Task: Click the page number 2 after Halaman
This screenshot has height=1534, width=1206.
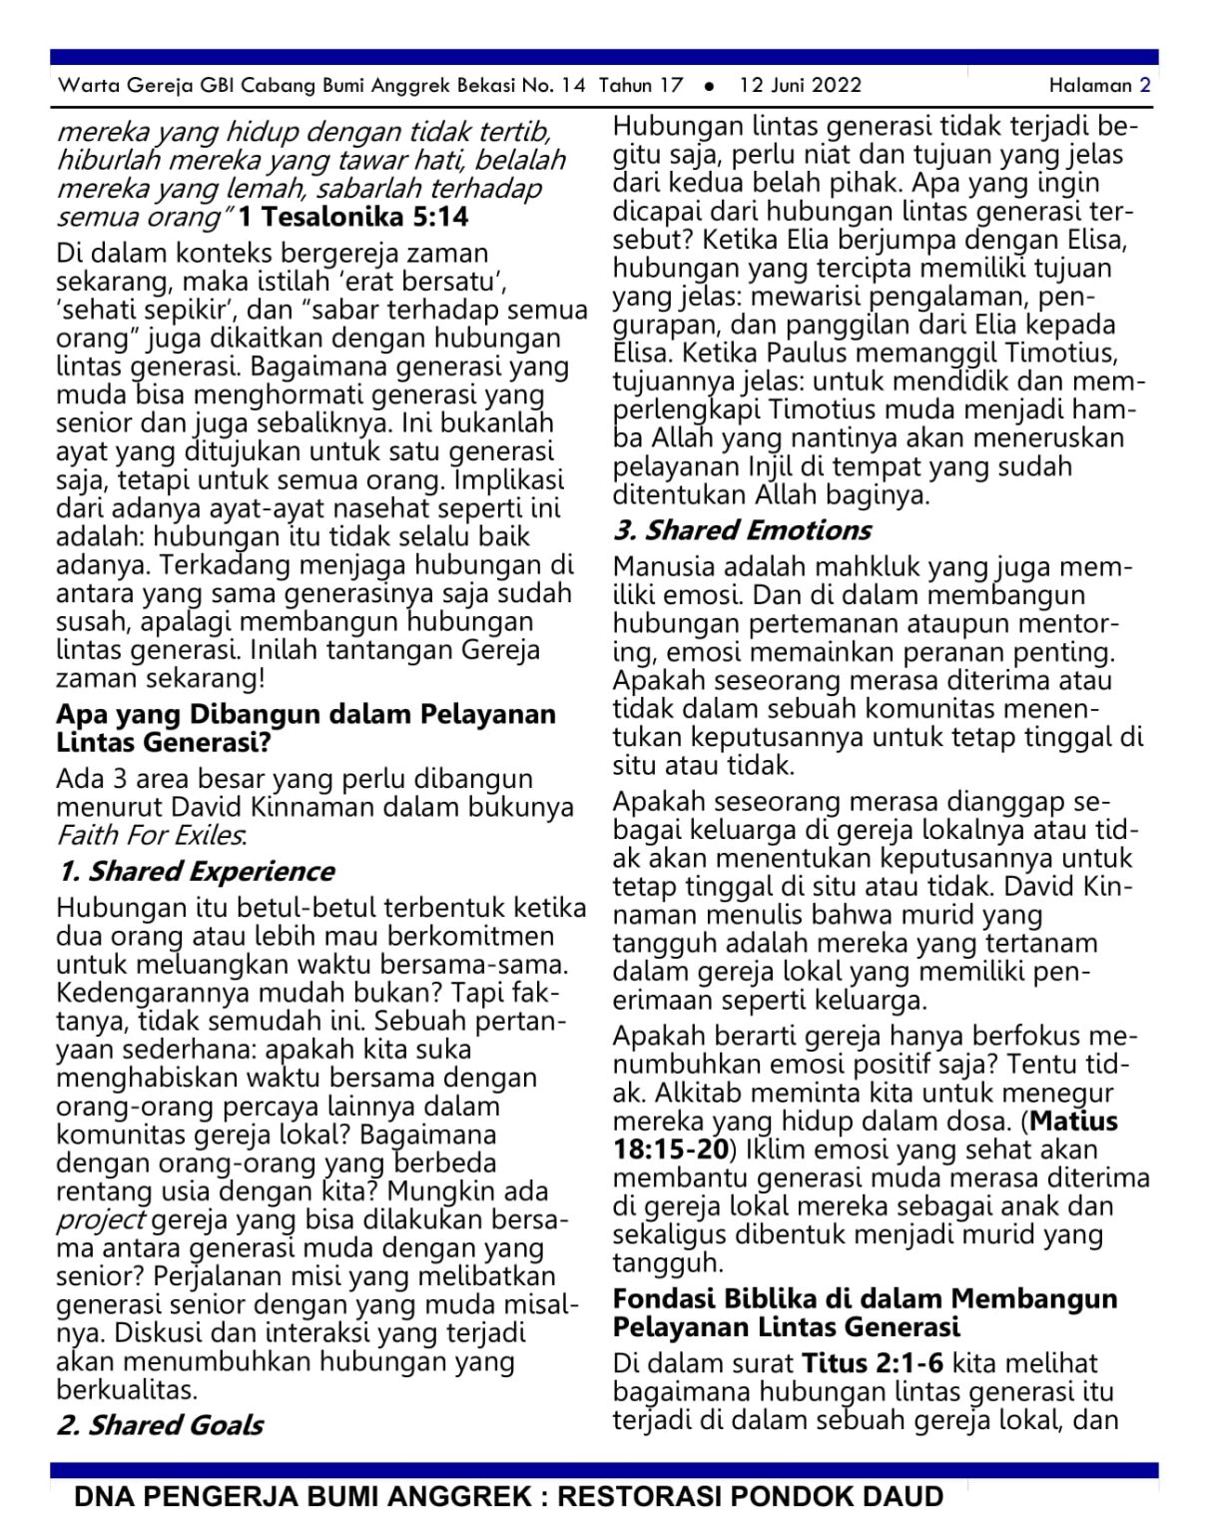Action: click(x=1145, y=85)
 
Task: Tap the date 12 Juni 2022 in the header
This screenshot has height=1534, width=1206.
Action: click(x=800, y=85)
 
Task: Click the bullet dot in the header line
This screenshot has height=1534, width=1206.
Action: click(x=709, y=86)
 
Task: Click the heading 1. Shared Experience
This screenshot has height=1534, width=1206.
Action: click(x=196, y=871)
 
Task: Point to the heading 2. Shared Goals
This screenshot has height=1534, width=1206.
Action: click(x=160, y=1424)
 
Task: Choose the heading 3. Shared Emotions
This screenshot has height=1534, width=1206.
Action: click(x=742, y=529)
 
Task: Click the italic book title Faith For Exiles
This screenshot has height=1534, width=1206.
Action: click(x=151, y=835)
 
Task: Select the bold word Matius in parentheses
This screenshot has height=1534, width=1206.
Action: click(x=1074, y=1121)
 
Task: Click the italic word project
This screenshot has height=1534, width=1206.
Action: click(x=100, y=1220)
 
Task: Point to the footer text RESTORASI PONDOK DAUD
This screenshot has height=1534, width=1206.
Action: click(x=750, y=1497)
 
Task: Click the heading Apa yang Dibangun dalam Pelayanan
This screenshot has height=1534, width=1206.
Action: click(x=305, y=714)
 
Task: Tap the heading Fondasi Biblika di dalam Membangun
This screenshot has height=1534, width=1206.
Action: click(x=865, y=1298)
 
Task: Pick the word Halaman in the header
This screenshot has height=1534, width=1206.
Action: click(x=1090, y=85)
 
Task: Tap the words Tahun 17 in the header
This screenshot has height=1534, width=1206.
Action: click(x=641, y=85)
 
